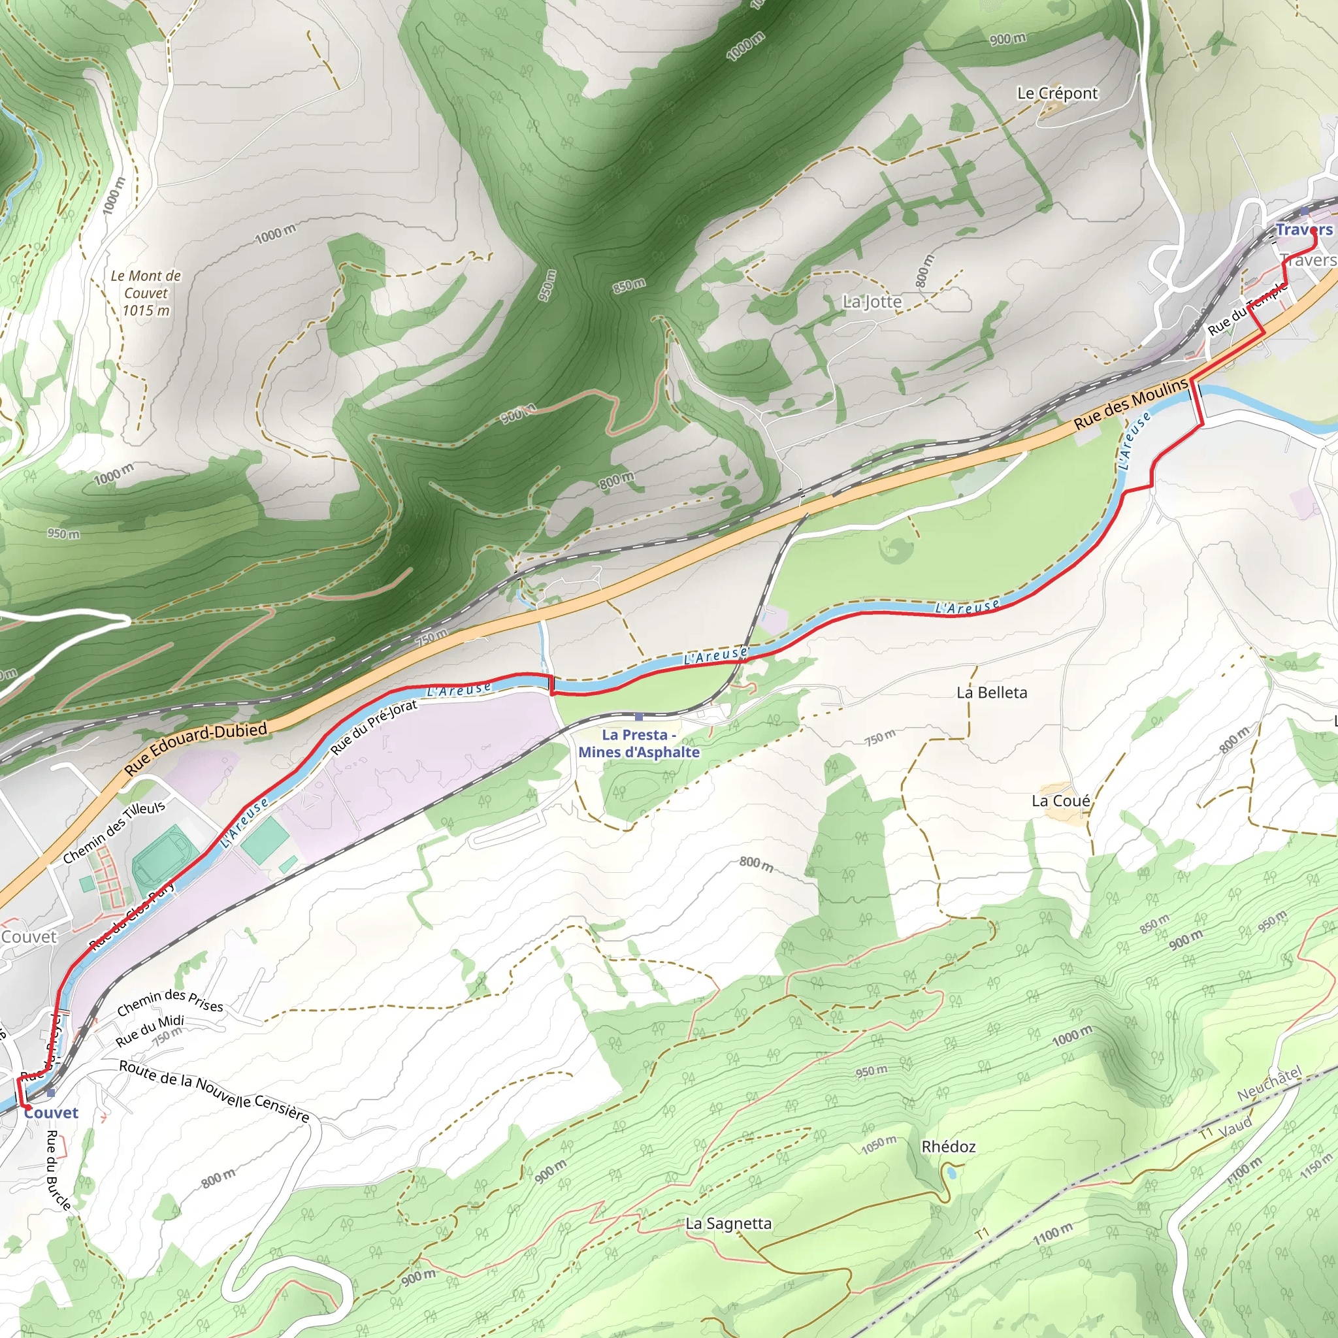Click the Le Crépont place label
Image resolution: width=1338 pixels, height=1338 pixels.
(1057, 93)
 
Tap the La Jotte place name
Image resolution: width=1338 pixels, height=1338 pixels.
(872, 302)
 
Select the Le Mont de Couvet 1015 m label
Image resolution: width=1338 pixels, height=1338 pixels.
(146, 293)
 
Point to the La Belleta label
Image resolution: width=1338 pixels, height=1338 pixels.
(992, 693)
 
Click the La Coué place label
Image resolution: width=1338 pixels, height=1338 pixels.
(1060, 801)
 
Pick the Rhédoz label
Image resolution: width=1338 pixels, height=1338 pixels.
(948, 1147)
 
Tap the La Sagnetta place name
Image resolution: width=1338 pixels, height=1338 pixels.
(728, 1224)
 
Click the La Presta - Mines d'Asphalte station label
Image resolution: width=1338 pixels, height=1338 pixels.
(638, 743)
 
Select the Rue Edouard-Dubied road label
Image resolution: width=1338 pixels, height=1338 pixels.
(196, 749)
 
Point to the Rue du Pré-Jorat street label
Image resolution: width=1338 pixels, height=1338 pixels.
(374, 726)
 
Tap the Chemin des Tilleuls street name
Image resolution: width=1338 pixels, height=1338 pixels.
(114, 832)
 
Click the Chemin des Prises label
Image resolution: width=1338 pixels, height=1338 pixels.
(171, 1002)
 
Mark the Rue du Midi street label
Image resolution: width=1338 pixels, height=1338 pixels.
(150, 1030)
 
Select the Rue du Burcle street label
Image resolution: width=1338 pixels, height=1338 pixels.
(58, 1170)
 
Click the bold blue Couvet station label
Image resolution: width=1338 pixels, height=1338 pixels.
(51, 1113)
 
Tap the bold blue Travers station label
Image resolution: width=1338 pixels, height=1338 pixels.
(1303, 230)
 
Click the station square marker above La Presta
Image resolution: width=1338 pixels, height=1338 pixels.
(638, 717)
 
